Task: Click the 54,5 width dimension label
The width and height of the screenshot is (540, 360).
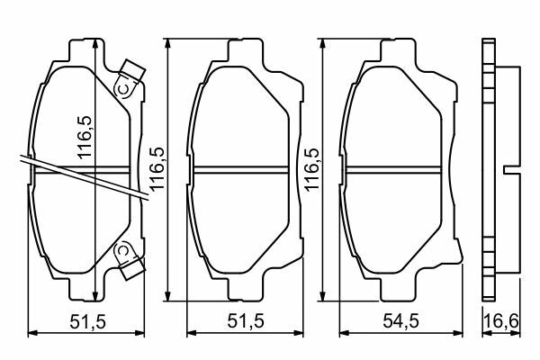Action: [400, 321]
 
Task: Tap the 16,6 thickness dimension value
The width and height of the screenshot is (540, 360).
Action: [501, 321]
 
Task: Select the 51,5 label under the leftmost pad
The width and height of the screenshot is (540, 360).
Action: [88, 322]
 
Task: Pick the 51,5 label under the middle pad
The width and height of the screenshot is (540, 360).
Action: [246, 321]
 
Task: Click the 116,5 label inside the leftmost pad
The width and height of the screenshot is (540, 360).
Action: [85, 138]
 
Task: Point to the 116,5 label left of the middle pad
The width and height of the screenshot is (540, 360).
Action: [157, 169]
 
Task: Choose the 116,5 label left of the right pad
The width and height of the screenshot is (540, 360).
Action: [312, 169]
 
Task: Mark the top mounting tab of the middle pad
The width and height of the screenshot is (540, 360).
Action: [246, 50]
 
